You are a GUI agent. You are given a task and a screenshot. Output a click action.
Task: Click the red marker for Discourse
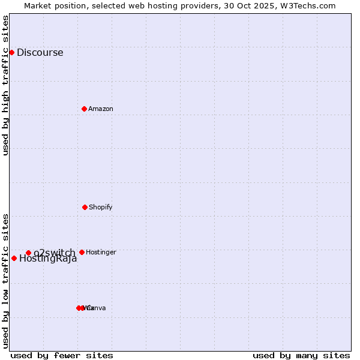coord(11,52)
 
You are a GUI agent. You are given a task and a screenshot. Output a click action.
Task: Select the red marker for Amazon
coord(84,109)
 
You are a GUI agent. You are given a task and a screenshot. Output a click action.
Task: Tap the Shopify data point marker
coord(85,207)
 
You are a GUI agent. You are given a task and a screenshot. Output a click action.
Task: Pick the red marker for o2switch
coord(28,253)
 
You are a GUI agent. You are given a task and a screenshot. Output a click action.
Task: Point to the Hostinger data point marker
coord(82,252)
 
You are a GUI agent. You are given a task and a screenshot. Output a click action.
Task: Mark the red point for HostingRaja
coord(14,258)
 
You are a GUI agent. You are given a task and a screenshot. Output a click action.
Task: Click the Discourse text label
coord(40,52)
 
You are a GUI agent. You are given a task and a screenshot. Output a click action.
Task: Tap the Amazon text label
coord(100,109)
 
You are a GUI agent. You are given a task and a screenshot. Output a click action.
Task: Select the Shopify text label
coord(100,207)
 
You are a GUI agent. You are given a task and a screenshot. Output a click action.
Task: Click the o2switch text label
coord(54,253)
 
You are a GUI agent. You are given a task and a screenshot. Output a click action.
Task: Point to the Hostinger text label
coord(101,252)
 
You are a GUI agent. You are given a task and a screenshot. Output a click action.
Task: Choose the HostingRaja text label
coord(48,259)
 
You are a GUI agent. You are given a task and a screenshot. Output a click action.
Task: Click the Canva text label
coord(97,308)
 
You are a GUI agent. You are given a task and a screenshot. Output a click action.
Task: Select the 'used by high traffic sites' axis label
coord(6,85)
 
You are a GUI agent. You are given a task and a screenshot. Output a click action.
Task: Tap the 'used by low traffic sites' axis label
coord(6,280)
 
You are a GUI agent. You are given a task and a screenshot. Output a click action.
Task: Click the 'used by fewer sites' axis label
coord(61,355)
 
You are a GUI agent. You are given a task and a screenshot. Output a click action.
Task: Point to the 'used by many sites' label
coord(301,355)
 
